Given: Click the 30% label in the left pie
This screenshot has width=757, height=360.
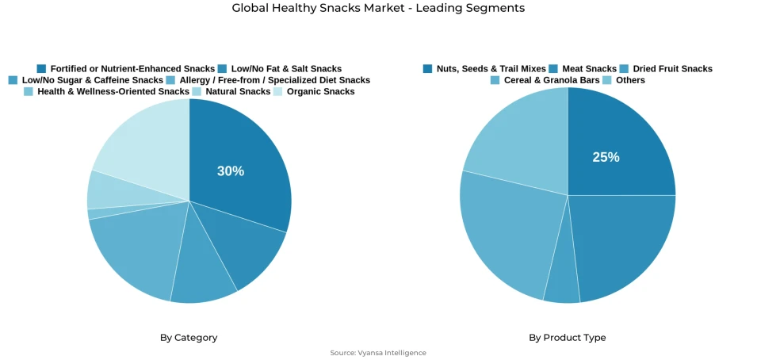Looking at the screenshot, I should (x=231, y=171).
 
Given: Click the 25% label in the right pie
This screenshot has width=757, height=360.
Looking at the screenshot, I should (x=606, y=157).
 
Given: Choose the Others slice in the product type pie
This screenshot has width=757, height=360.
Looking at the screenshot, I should (x=523, y=139).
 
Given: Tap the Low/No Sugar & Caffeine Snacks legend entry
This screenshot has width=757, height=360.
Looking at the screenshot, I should (x=92, y=80).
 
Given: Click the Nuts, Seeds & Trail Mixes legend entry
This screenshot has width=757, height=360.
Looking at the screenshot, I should (x=491, y=69).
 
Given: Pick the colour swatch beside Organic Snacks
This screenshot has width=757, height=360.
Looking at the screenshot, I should (x=278, y=91).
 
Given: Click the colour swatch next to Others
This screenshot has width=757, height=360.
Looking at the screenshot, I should (x=607, y=80).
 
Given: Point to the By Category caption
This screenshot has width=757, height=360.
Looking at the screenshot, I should (x=189, y=338).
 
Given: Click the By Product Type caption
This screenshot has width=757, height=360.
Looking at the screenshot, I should (x=568, y=338).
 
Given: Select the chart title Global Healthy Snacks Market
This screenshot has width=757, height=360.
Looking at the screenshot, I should (x=378, y=8).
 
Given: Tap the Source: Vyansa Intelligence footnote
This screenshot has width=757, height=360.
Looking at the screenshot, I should (x=378, y=353).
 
